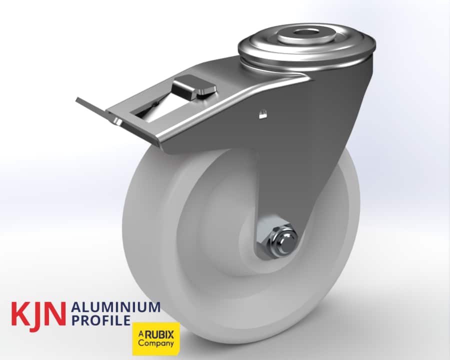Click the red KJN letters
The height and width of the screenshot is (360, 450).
[x=38, y=312]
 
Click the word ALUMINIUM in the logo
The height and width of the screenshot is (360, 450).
[x=116, y=307]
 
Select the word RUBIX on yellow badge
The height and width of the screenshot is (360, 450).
[x=159, y=335]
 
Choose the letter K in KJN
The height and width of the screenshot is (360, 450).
[x=20, y=312]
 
